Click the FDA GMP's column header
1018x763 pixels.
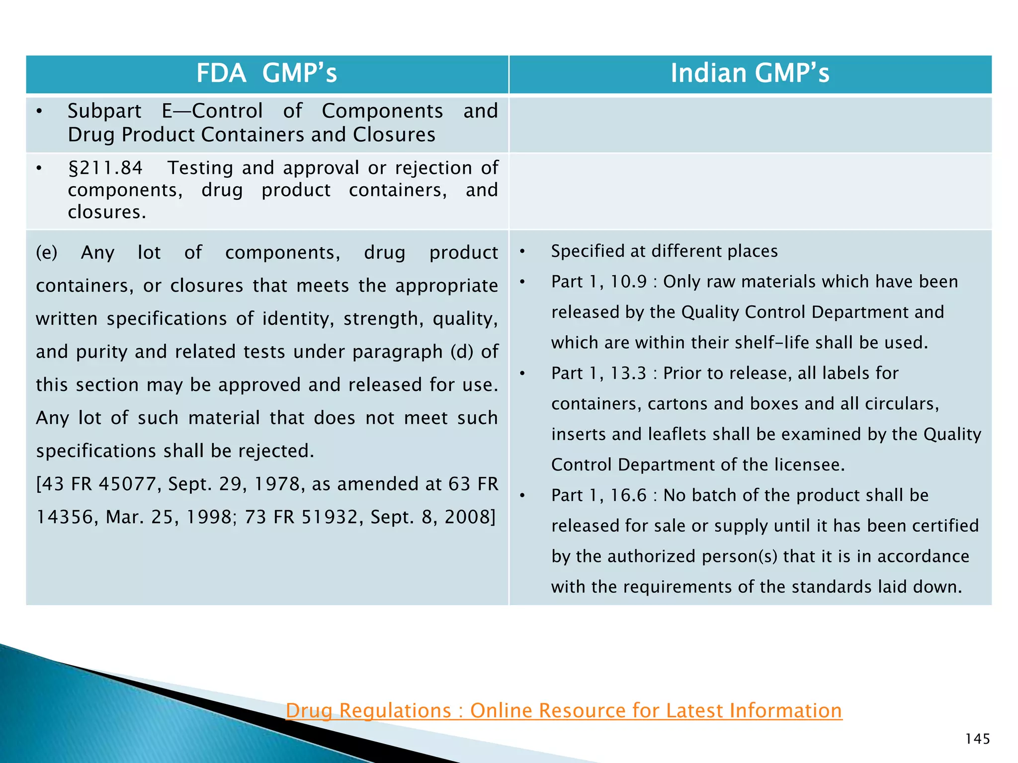(266, 74)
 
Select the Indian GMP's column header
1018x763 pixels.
(750, 74)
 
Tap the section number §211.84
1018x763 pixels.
(105, 168)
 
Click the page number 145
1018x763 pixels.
(977, 739)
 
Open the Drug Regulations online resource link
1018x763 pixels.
(564, 710)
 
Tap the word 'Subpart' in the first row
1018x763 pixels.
(104, 111)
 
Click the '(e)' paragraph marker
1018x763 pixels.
(47, 252)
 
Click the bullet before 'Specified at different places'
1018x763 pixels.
(522, 251)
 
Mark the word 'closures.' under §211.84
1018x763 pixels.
(107, 212)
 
